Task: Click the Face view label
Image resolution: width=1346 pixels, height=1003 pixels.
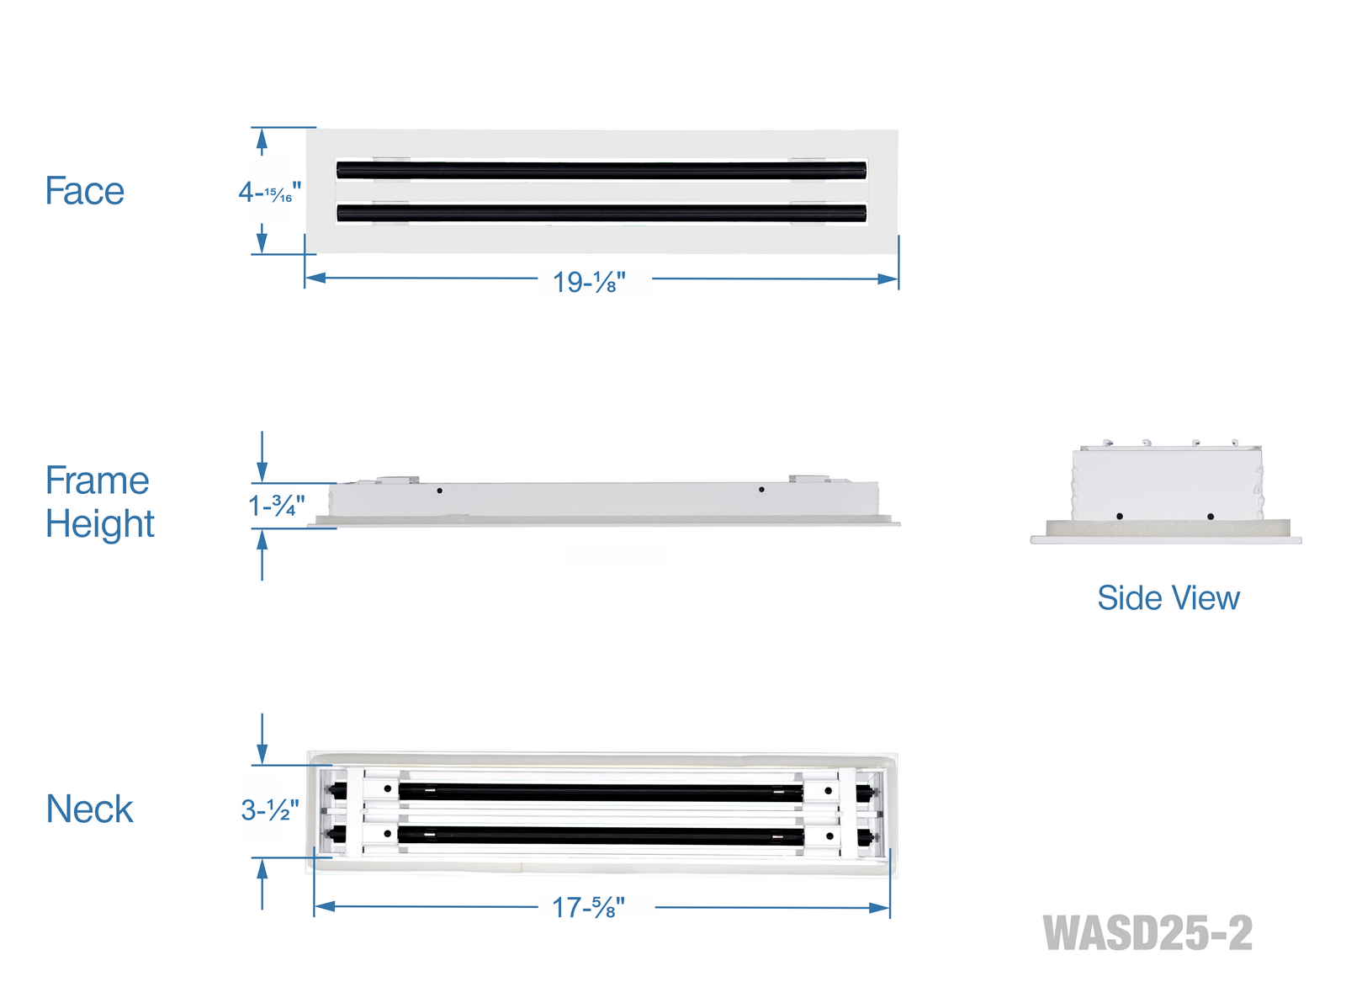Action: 84,190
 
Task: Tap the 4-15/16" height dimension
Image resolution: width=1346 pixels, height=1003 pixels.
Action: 269,193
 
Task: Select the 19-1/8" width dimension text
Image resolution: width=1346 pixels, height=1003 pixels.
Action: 589,282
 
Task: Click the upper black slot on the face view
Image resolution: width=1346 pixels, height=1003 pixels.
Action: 601,170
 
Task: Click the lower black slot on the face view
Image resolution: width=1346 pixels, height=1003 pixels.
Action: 601,213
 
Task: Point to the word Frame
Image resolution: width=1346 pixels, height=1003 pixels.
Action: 97,480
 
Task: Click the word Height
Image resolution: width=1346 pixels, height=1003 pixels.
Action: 100,524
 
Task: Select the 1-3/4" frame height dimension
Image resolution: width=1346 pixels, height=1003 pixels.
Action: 276,505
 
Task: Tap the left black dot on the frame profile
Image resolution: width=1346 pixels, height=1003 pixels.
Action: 439,491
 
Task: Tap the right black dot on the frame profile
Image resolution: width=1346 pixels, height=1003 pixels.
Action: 761,490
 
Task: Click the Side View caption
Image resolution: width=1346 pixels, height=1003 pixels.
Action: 1168,598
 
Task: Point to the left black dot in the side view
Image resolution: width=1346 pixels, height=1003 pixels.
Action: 1120,516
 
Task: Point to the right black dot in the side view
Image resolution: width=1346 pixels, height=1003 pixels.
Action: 1211,517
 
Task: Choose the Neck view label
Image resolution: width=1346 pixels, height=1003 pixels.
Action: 90,809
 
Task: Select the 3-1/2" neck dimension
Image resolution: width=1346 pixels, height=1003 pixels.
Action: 270,810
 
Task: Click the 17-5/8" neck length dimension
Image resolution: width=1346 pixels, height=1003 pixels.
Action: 588,908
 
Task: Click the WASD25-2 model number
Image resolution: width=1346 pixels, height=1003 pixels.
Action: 1147,933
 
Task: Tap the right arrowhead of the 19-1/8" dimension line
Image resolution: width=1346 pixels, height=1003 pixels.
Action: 888,279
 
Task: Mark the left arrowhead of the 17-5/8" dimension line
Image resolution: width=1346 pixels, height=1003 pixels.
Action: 325,906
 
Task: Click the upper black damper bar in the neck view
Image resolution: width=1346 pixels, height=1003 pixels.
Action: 601,792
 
